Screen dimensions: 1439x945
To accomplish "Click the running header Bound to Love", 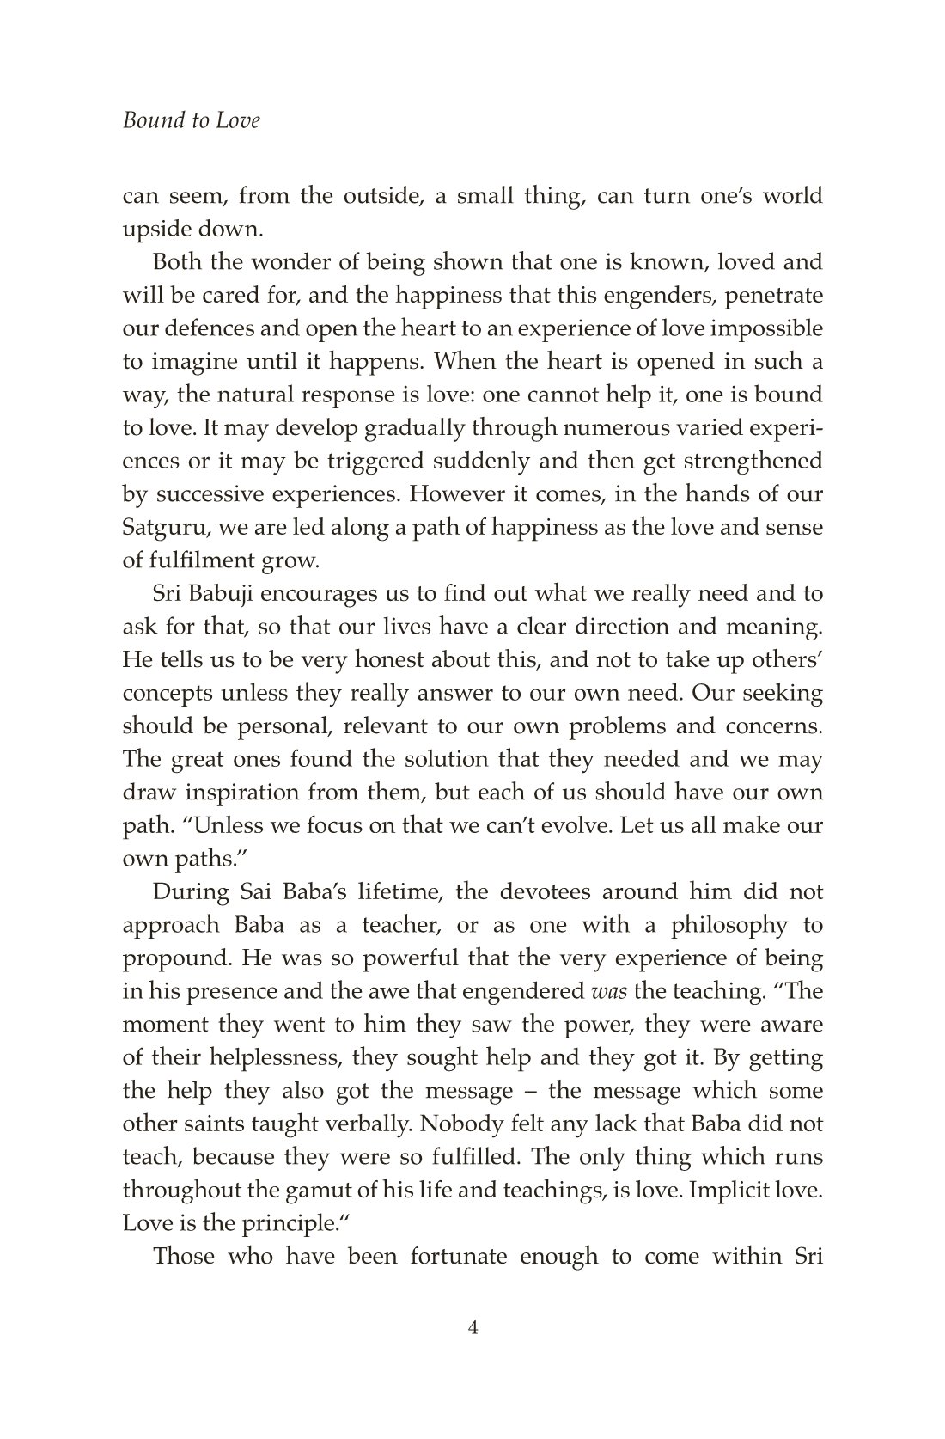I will (x=191, y=120).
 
